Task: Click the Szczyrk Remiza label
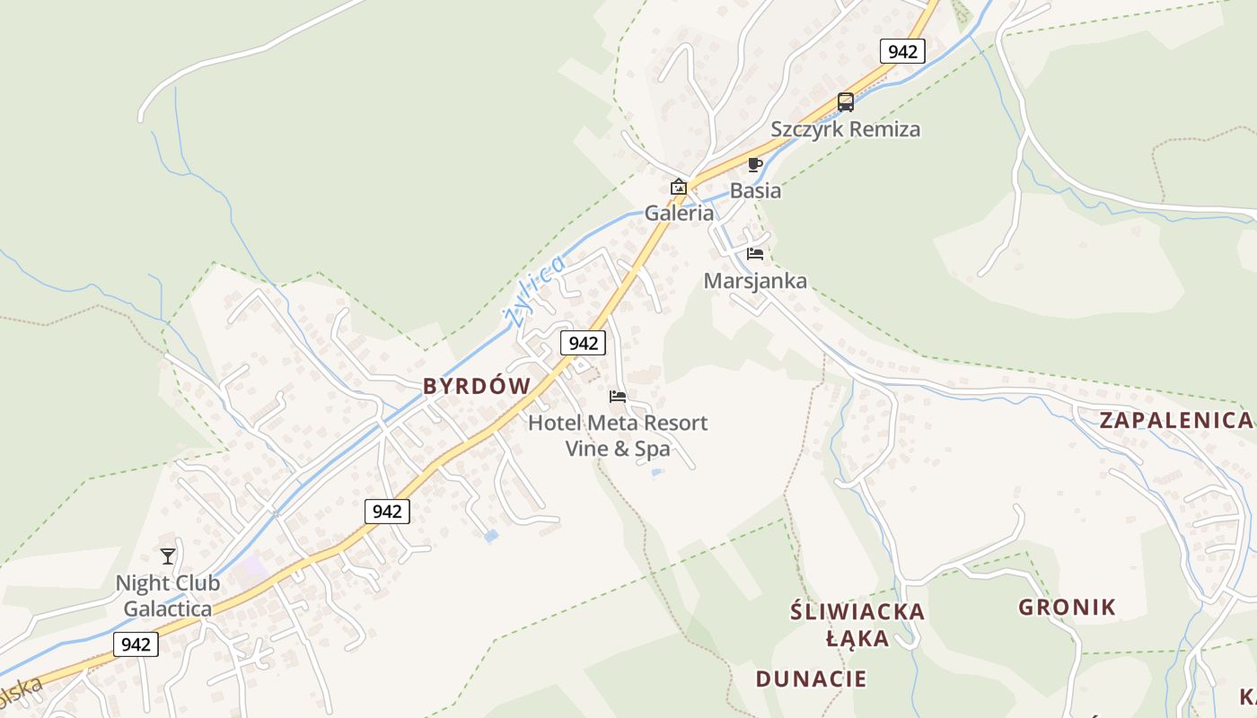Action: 845,129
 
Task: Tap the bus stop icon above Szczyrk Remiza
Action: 845,102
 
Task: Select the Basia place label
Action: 755,191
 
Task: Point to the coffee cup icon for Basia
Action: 754,164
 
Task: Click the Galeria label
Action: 679,214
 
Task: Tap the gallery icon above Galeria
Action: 679,187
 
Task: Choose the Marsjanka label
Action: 755,281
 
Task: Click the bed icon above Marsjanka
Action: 754,254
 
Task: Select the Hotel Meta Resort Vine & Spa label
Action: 618,435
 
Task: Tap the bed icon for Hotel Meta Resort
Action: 618,396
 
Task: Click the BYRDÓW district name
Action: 477,386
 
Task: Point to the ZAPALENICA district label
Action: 1174,420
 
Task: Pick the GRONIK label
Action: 1067,608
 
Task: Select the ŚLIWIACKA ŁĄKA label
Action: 857,625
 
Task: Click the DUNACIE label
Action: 811,679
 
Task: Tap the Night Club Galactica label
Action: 168,596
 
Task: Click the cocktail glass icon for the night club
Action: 168,556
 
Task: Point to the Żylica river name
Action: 533,290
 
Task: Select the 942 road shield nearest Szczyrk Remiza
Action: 901,51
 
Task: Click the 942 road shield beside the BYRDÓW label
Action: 583,343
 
